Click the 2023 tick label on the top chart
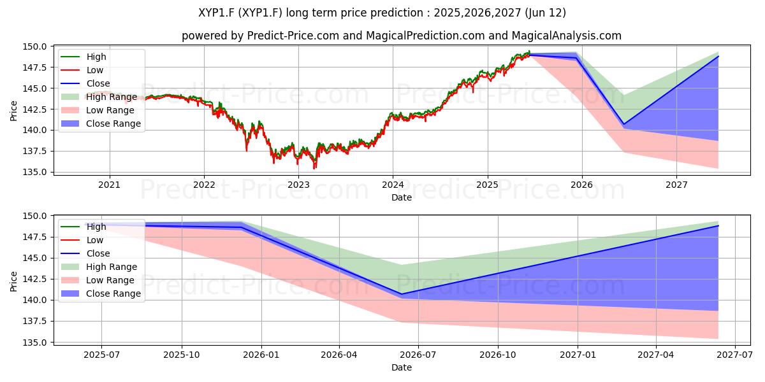click(x=298, y=185)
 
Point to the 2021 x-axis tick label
click(x=109, y=185)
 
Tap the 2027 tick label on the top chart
click(x=676, y=185)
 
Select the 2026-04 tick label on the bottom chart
click(x=339, y=355)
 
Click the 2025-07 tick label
click(x=102, y=355)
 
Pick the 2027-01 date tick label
click(x=578, y=355)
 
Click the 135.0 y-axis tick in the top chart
click(x=34, y=172)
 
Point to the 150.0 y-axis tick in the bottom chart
click(x=34, y=216)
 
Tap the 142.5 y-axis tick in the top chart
click(x=34, y=109)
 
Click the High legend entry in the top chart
click(x=96, y=57)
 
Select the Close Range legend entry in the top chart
click(x=113, y=124)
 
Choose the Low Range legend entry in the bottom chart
click(x=110, y=280)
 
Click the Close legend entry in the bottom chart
click(x=98, y=253)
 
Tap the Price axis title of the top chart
click(x=13, y=111)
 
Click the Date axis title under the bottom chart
click(x=402, y=367)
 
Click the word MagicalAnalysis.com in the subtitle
click(x=566, y=36)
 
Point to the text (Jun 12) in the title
click(x=546, y=13)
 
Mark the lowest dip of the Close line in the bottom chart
click(x=402, y=294)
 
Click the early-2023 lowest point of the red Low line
click(x=314, y=169)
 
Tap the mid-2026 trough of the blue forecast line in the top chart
click(x=624, y=124)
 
